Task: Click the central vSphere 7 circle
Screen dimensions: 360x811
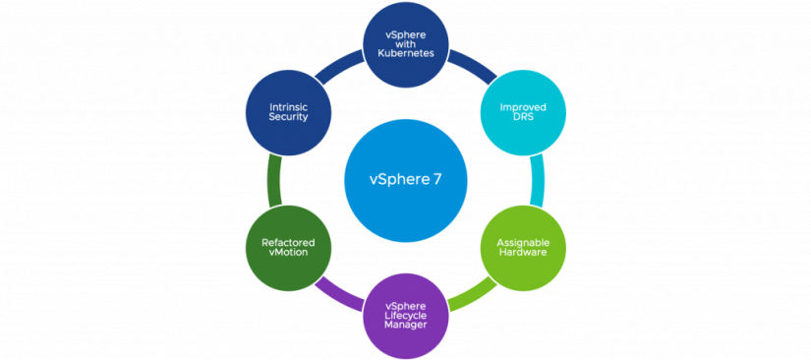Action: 405,181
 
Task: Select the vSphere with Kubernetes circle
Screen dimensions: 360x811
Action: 405,45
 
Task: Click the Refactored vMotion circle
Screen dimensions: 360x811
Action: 285,247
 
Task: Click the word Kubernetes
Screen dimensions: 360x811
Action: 405,53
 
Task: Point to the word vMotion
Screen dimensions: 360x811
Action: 285,252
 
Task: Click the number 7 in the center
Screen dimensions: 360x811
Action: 436,181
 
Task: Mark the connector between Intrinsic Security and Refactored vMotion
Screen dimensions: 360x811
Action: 274,178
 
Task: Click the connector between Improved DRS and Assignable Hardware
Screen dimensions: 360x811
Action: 537,178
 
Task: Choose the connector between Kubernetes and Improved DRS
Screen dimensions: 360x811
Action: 473,69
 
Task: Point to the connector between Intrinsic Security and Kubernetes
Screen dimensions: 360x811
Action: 338,69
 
